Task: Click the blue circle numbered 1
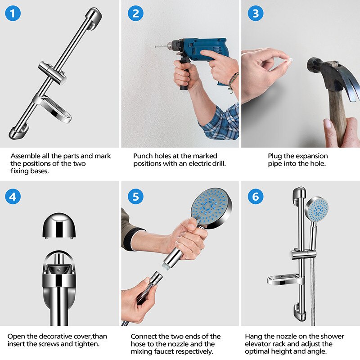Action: click(x=13, y=13)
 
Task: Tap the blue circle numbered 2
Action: click(x=135, y=13)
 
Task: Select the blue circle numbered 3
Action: click(x=256, y=13)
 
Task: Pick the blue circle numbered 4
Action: click(x=13, y=197)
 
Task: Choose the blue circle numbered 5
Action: click(x=135, y=197)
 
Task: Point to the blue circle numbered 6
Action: click(x=256, y=197)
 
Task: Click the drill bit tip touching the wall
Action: click(x=156, y=47)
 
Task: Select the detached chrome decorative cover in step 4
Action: click(x=59, y=225)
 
